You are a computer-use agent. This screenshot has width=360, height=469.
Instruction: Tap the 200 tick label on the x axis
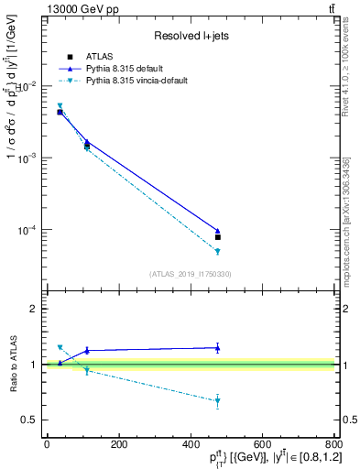point(118,444)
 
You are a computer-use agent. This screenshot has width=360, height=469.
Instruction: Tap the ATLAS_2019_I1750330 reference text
point(190,274)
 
